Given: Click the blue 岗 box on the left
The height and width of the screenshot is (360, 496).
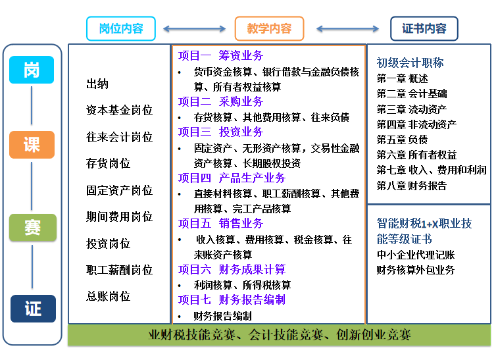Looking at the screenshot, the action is coord(32,70).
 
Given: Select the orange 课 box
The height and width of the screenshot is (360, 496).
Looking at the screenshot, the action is coord(32,144).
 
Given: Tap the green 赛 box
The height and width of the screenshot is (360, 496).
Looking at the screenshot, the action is coord(32,228).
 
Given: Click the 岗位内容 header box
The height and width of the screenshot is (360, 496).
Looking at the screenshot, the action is coord(122,29).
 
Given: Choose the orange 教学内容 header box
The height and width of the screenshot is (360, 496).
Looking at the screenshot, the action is coord(269,29).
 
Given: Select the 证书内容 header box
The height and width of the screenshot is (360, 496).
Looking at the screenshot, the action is coord(424,29).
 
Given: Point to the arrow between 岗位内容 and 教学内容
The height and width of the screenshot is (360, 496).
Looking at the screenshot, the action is coord(195,29).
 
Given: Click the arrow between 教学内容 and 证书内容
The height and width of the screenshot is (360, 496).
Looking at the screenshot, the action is coord(347,29).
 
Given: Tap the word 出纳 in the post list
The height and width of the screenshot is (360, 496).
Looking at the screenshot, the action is coord(97,84).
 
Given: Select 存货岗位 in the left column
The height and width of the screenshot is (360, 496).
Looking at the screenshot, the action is coord(109,163).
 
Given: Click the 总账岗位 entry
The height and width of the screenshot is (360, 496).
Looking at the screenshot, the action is coord(109,296).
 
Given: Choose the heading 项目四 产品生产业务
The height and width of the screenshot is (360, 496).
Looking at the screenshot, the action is coord(232,178).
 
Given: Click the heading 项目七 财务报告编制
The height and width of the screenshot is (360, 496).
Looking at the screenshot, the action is coord(232,300).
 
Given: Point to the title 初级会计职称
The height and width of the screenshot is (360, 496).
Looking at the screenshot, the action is coord(410,63).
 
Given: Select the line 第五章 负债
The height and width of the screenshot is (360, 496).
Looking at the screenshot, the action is coord(402,140).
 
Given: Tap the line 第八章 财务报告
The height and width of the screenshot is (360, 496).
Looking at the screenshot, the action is coord(411,186).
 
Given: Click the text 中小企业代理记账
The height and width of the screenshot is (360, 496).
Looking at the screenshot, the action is coord(415,255).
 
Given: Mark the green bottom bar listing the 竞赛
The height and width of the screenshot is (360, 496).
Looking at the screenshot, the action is coord(280,335).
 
